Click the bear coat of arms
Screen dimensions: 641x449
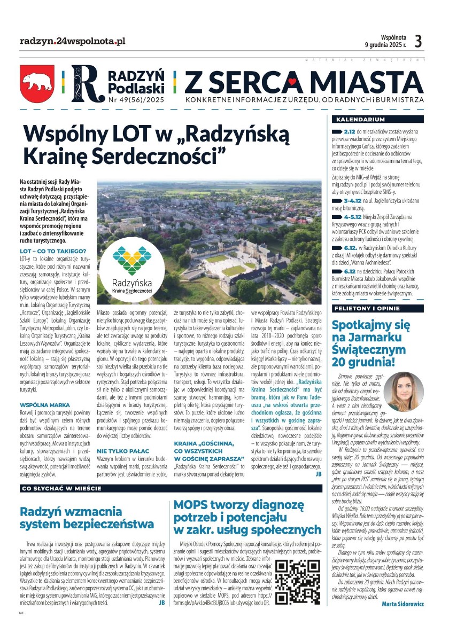(x=38, y=83)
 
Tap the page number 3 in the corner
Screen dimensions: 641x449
(x=418, y=41)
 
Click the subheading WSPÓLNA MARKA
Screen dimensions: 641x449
(x=44, y=406)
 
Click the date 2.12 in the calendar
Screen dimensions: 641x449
(x=350, y=131)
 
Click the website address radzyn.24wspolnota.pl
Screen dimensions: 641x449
(x=72, y=41)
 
